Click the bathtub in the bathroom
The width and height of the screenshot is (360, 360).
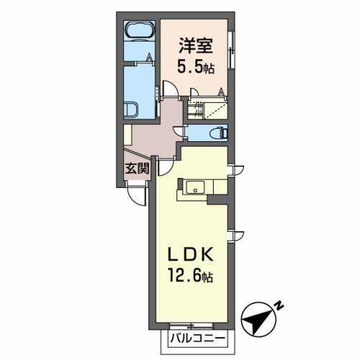point(139,32)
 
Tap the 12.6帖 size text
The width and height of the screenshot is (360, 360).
point(191,277)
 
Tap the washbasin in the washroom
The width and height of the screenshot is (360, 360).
point(133,110)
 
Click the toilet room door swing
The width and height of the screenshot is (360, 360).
point(181,132)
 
